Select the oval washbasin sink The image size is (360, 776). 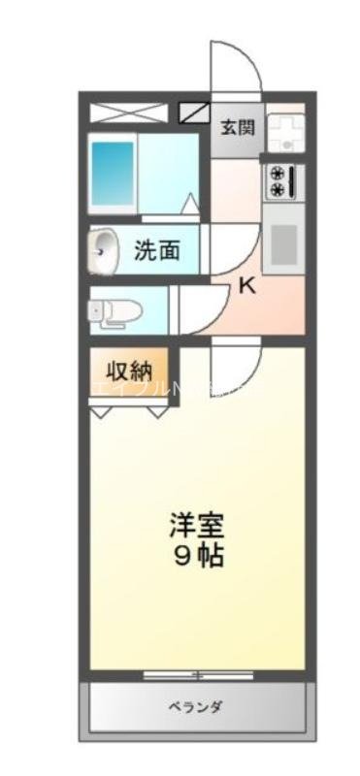click(x=105, y=253)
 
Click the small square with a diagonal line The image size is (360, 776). click(x=194, y=111)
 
